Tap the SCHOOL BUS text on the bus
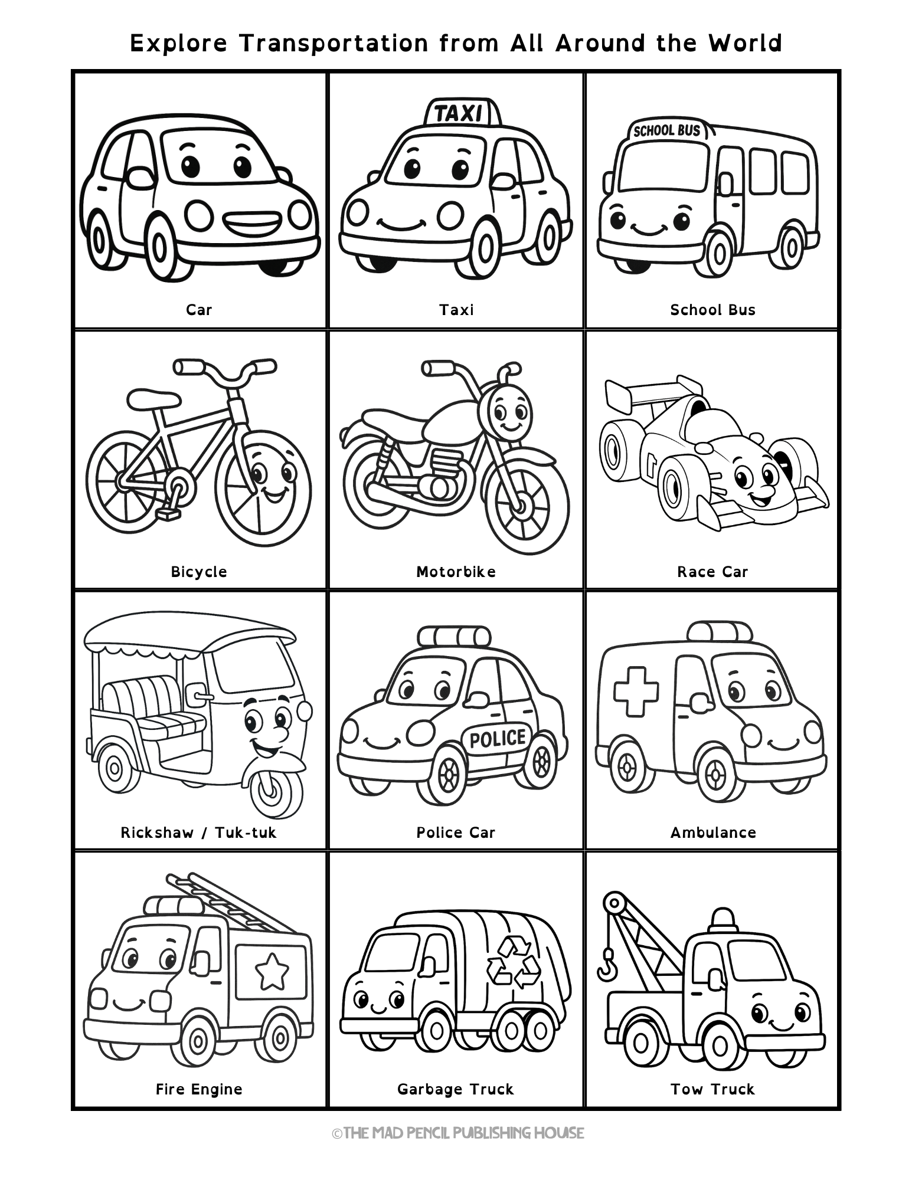666,130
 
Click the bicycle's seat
153,397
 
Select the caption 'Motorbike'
456,572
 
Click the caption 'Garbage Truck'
455,1089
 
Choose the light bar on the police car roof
453,636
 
